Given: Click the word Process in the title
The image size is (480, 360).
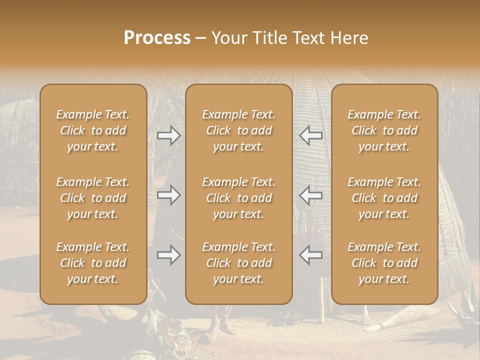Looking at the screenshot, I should [x=157, y=38].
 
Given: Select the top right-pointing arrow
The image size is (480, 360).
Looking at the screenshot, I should [x=168, y=135].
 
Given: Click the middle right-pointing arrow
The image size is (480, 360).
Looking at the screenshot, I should [x=168, y=195].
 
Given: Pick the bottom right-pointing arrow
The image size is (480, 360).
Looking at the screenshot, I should [x=168, y=255].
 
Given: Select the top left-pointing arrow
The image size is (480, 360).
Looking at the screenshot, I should [x=310, y=135].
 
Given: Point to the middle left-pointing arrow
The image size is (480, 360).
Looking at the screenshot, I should [x=310, y=195].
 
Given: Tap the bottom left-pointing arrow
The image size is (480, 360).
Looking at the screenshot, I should [x=310, y=255].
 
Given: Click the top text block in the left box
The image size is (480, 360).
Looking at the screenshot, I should [x=93, y=130].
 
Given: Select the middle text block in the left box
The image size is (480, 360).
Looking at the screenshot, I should [x=93, y=198].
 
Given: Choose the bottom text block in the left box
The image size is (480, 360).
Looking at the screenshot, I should [x=93, y=263].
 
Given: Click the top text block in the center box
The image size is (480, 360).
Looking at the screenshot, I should [x=239, y=130].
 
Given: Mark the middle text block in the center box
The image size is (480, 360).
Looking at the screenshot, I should [x=239, y=198].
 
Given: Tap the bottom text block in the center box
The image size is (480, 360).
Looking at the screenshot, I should [x=239, y=263].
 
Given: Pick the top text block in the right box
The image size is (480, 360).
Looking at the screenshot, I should [x=384, y=130].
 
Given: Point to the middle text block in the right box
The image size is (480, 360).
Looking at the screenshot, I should [x=384, y=198].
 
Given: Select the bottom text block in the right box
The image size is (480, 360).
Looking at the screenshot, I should [x=384, y=263].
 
